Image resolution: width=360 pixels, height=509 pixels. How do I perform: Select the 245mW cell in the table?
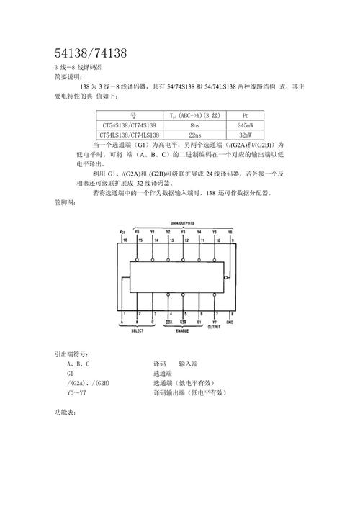[x=246, y=125]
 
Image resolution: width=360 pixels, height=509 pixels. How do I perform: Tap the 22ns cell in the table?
[x=195, y=135]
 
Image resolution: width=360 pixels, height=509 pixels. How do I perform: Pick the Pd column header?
[x=246, y=114]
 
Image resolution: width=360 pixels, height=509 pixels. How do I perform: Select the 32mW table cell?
[x=246, y=135]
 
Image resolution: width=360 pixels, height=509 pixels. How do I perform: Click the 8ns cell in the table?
[x=195, y=125]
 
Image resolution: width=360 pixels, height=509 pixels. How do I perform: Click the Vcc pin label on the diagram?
[x=122, y=231]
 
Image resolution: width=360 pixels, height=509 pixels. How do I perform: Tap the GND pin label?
[x=230, y=322]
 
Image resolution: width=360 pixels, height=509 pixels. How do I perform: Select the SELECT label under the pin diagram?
[x=138, y=330]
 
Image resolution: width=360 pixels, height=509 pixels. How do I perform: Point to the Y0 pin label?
[x=138, y=231]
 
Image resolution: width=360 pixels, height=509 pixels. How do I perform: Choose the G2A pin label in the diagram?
[x=168, y=322]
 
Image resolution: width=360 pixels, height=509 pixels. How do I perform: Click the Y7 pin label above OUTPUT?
[x=215, y=322]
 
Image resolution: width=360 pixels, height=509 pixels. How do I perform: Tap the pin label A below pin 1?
[x=123, y=322]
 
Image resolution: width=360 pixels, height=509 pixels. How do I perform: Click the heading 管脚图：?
[x=65, y=204]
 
